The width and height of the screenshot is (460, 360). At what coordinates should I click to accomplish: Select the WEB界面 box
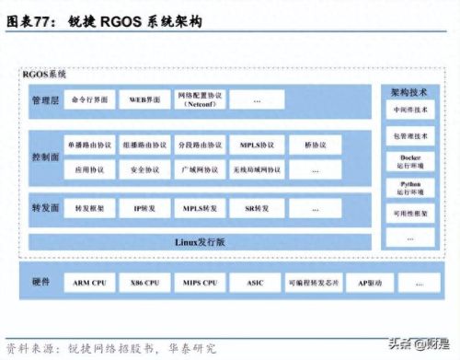tap(144, 99)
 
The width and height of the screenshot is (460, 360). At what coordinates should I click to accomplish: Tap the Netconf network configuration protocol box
tap(197, 99)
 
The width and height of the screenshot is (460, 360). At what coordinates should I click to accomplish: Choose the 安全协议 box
tap(144, 170)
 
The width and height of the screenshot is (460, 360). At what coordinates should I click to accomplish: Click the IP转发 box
tap(144, 210)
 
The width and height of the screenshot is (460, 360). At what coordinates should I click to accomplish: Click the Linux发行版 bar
tap(199, 242)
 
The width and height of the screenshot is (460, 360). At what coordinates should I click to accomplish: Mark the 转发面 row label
tap(44, 210)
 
